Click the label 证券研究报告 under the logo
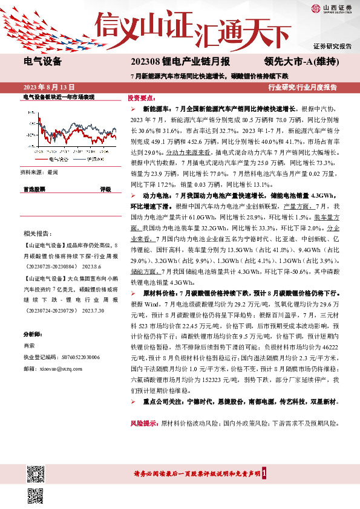(333, 47)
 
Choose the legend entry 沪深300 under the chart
(92, 158)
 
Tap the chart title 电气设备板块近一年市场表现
(59, 97)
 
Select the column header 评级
(105, 189)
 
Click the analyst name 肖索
(29, 346)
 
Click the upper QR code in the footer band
(36, 472)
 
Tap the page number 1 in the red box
(264, 473)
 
